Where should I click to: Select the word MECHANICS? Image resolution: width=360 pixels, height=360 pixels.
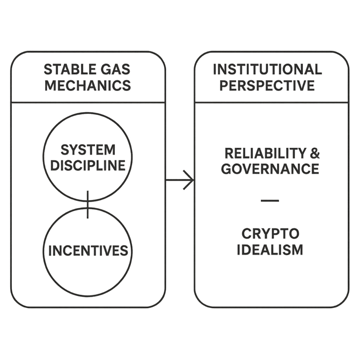[x=87, y=85]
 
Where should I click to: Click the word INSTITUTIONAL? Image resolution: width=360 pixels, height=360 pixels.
[x=267, y=69]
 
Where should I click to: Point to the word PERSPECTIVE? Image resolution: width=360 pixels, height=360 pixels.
[x=267, y=85]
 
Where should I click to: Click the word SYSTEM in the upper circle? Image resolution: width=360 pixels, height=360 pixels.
[x=88, y=150]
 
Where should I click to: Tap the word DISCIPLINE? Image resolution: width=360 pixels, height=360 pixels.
[x=87, y=165]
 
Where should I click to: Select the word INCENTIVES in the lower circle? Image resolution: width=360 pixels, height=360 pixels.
[x=88, y=251]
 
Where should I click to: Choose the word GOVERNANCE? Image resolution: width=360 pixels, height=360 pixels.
[x=270, y=169]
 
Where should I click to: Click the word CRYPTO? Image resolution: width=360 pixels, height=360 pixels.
[x=270, y=233]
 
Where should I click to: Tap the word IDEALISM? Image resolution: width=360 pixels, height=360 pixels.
[x=270, y=250]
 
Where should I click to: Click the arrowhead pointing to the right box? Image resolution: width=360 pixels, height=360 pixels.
[x=189, y=180]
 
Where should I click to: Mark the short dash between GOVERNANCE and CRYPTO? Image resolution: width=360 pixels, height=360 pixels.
[x=270, y=200]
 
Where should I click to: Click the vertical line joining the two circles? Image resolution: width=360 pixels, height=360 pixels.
[x=87, y=204]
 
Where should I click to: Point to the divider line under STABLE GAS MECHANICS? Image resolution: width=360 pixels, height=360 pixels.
[x=88, y=103]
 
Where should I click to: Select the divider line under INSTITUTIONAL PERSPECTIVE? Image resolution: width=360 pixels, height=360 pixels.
[x=271, y=103]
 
